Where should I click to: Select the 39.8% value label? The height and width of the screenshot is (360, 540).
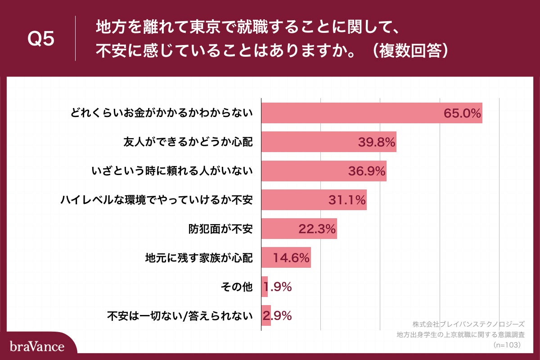point(377,142)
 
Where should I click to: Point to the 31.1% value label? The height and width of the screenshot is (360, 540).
point(346,200)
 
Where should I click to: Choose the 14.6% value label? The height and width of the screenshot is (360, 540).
point(292,258)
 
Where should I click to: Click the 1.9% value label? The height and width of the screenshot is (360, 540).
point(278,287)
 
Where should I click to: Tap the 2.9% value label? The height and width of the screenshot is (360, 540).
point(278,315)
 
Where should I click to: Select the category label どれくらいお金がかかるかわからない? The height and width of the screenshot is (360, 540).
point(161,113)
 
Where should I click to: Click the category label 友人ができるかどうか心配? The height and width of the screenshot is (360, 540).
point(188,142)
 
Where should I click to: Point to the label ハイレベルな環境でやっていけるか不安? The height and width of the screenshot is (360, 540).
point(157,200)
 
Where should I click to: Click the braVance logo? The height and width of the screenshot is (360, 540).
point(37,346)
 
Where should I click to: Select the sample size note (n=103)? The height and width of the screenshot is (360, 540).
point(507,345)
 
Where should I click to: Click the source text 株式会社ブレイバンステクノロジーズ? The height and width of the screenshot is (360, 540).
point(468,324)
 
